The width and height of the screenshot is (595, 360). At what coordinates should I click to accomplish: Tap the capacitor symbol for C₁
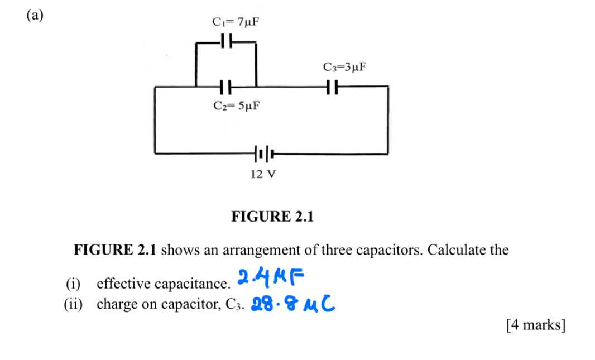[x=225, y=41]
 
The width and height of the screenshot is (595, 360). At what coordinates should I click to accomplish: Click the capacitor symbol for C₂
[x=225, y=87]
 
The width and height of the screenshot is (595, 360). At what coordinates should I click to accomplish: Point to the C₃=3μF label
[x=345, y=68]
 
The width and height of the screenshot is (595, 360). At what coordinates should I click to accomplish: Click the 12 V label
[x=263, y=174]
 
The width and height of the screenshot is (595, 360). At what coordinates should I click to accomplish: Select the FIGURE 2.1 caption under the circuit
[x=272, y=217]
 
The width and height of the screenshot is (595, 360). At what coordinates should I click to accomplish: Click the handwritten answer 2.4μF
[x=272, y=277]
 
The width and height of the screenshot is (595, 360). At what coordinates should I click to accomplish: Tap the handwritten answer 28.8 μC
[x=292, y=304]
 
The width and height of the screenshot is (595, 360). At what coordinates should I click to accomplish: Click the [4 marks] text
[x=535, y=325]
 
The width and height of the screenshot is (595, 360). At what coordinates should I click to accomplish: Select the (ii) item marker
[x=75, y=305]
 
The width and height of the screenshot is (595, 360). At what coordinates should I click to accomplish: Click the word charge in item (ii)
[x=115, y=305]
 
